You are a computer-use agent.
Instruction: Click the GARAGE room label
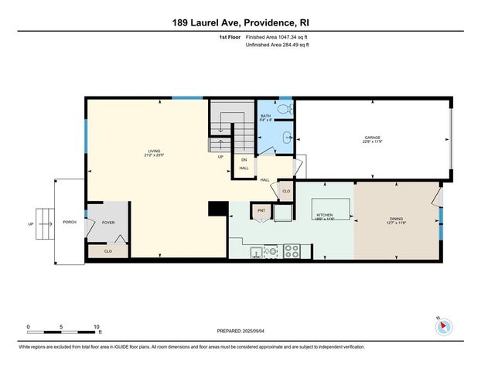372,139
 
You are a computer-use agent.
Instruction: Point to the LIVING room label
155,152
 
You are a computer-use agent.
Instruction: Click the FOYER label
107,223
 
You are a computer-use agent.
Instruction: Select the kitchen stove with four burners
292,250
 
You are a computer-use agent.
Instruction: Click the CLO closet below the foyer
108,250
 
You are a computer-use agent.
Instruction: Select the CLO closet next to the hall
285,191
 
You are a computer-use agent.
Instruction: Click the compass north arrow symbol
443,327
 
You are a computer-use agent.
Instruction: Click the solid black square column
218,209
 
